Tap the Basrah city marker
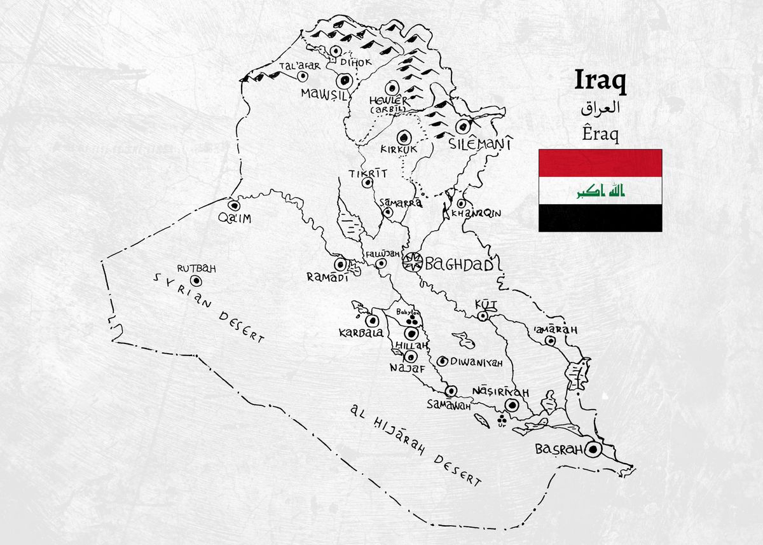[593, 450]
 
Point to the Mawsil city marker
[345, 80]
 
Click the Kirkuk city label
[398, 150]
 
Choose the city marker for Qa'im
[234, 206]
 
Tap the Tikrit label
[367, 174]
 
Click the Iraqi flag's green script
[600, 191]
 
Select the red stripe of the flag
[600, 163]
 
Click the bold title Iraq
[600, 81]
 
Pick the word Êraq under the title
[600, 133]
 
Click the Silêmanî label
[481, 144]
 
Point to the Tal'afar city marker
[303, 76]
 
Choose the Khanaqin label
[476, 214]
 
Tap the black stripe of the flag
[600, 218]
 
